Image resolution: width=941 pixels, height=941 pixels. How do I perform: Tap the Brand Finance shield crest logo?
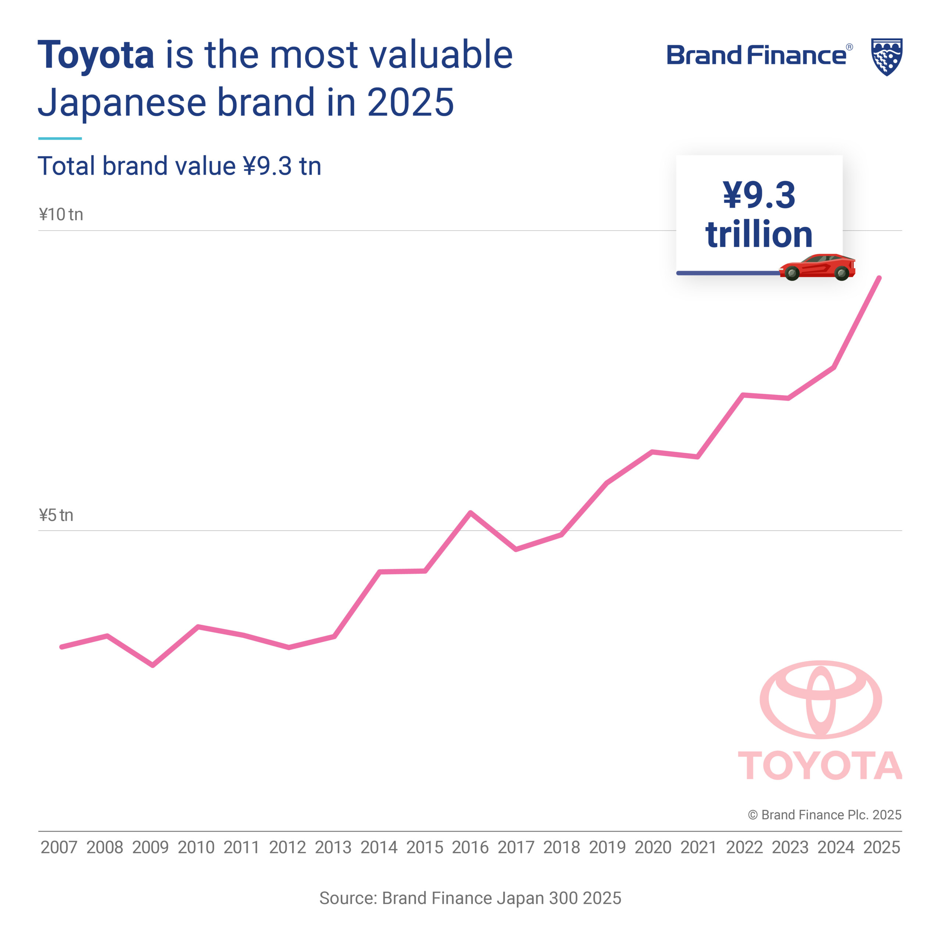pyautogui.click(x=887, y=57)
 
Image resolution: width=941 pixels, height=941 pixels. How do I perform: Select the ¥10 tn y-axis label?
pyautogui.click(x=61, y=214)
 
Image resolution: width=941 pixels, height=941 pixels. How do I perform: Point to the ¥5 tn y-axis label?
pyautogui.click(x=56, y=515)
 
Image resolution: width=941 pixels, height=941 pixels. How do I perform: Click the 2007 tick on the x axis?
pyautogui.click(x=59, y=848)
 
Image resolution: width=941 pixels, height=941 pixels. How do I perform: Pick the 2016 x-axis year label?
pyautogui.click(x=470, y=848)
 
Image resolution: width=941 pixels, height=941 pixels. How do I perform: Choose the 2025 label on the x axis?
pyautogui.click(x=881, y=848)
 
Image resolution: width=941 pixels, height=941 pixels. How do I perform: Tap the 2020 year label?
pyautogui.click(x=653, y=848)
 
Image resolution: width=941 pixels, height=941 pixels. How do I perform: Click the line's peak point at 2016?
pyautogui.click(x=470, y=512)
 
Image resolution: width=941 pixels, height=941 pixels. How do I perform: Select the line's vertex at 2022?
pyautogui.click(x=743, y=394)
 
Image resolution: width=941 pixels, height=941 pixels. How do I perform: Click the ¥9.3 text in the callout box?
pyautogui.click(x=759, y=195)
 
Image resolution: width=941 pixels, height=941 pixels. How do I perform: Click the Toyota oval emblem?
pyautogui.click(x=821, y=699)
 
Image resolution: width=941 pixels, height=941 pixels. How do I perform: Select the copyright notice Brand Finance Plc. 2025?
pyautogui.click(x=824, y=815)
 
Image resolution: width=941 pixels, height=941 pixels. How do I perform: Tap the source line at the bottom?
pyautogui.click(x=470, y=898)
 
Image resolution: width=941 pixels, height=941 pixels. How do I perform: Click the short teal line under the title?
pyautogui.click(x=60, y=138)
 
